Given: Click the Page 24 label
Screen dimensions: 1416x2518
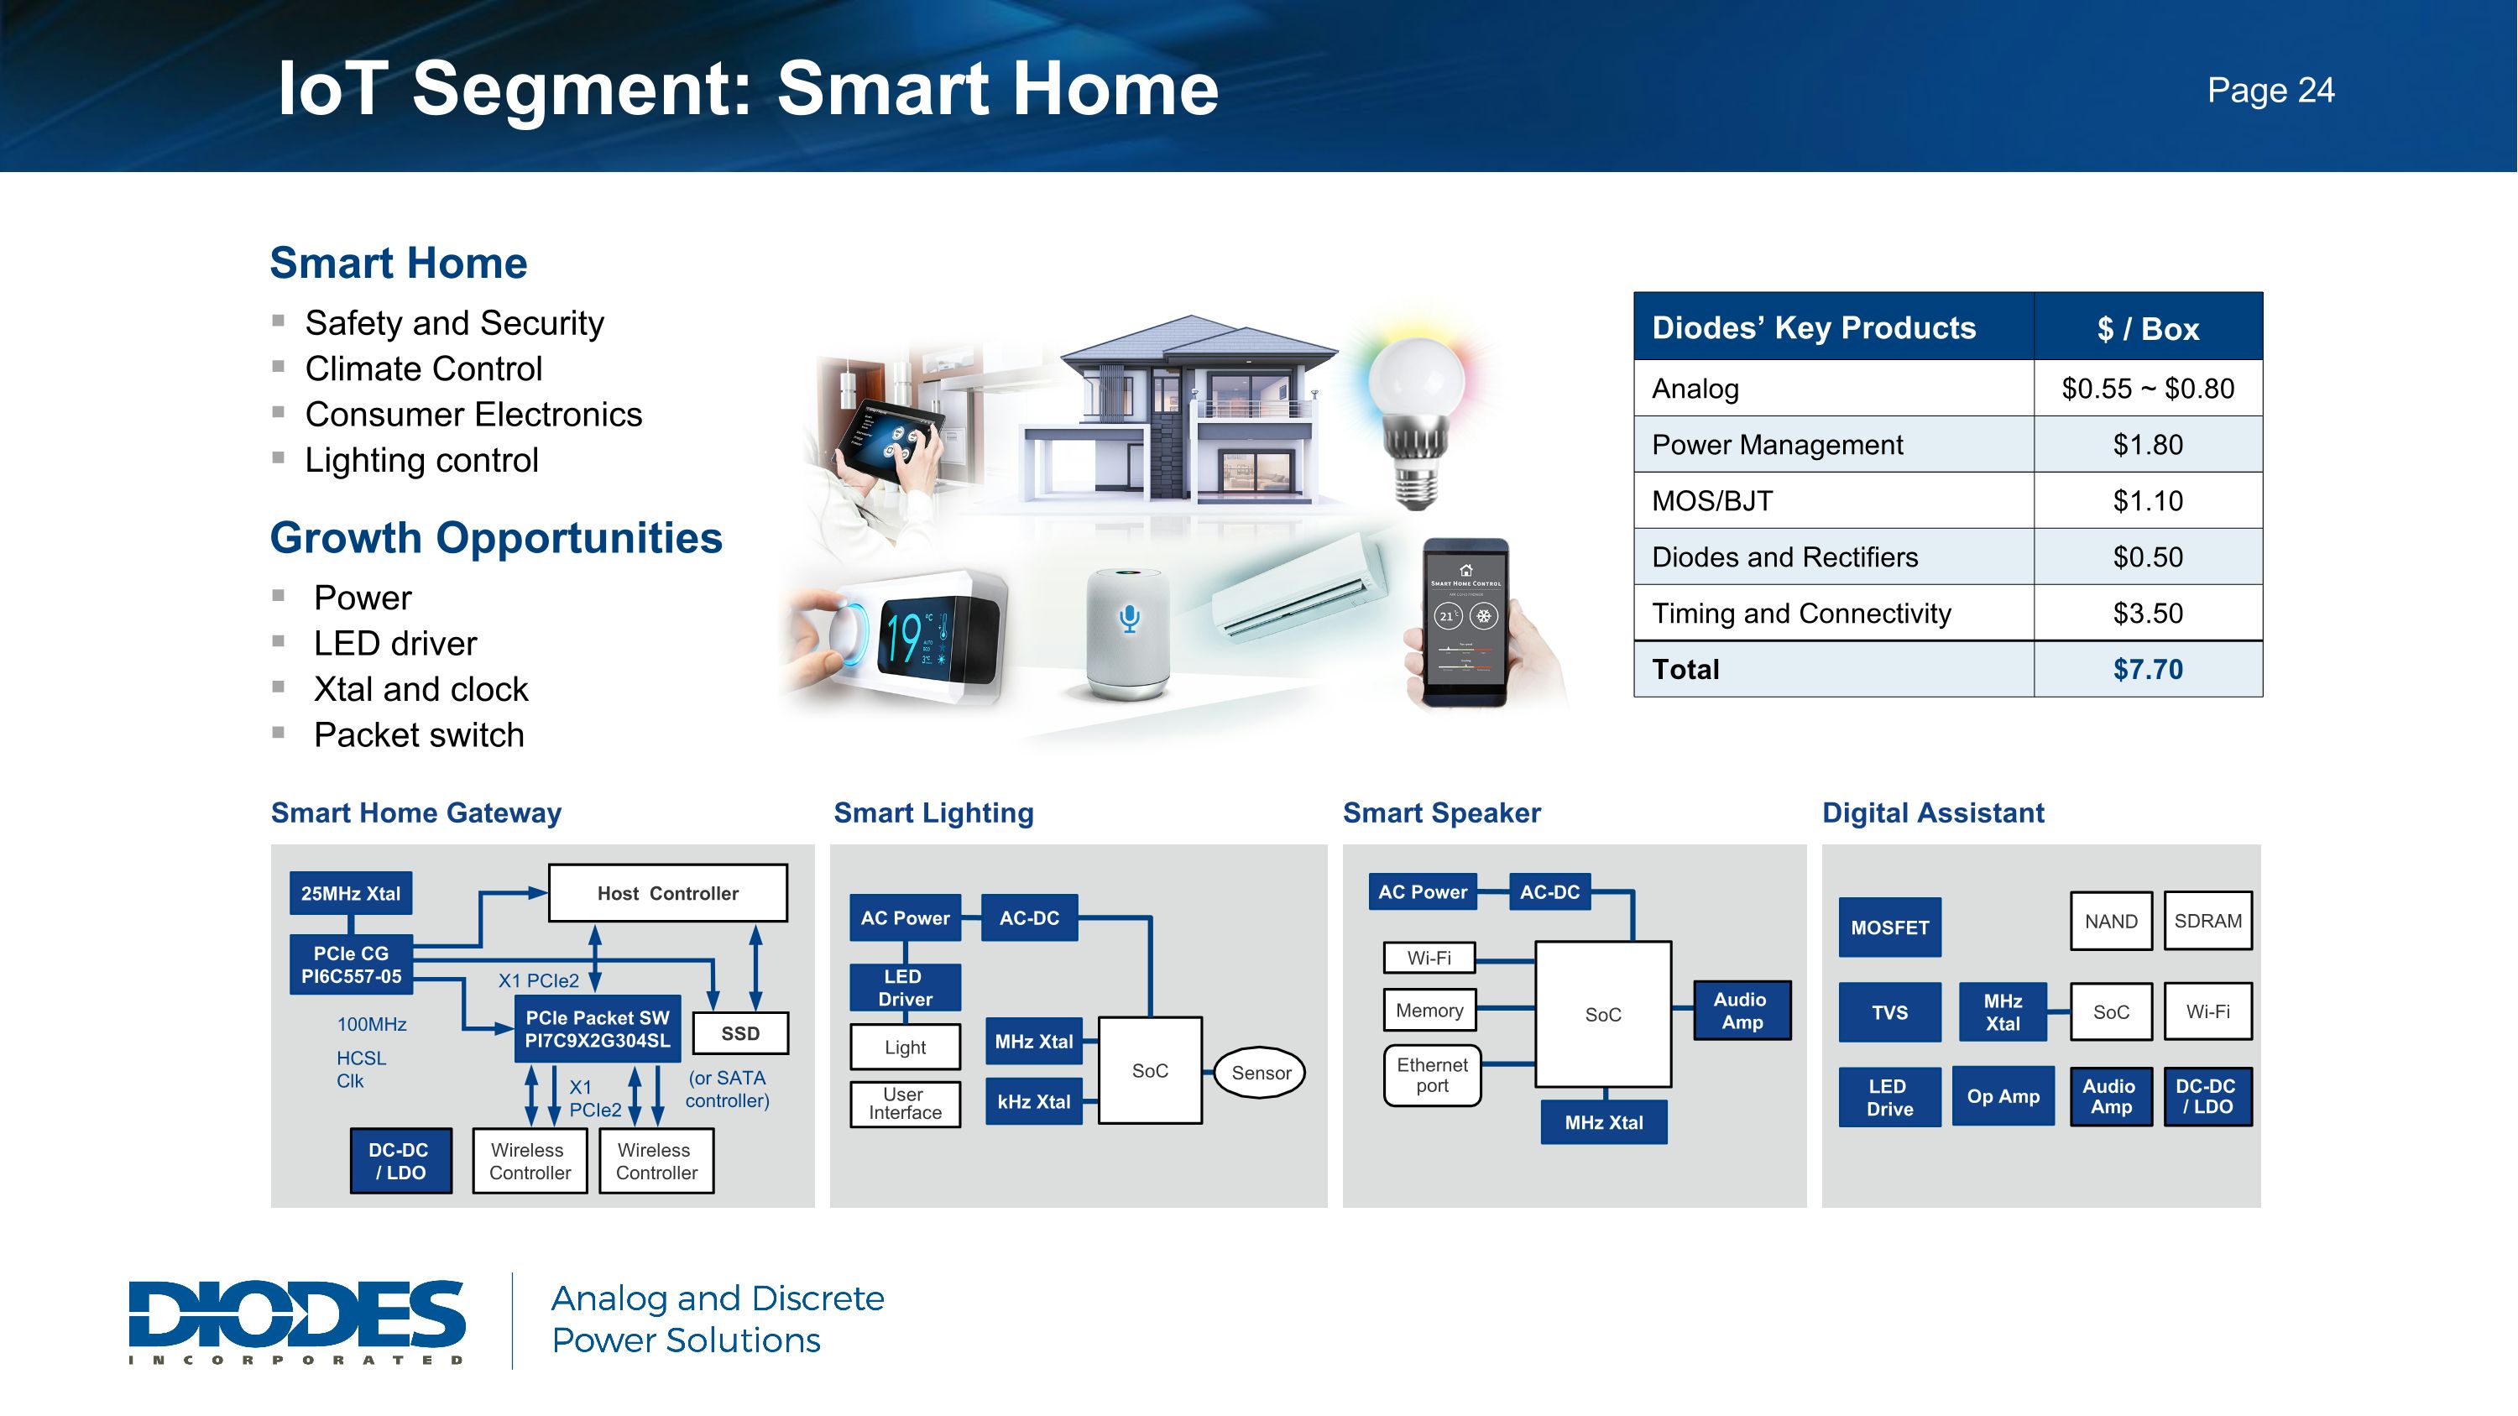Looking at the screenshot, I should click(2270, 91).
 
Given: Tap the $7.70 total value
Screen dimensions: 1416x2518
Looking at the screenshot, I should click(2148, 670).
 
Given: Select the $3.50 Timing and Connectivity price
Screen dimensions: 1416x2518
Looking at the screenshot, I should click(2148, 614).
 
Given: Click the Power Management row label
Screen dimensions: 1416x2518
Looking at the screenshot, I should click(1777, 445).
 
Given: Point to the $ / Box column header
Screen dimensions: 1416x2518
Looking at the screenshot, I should click(2148, 328).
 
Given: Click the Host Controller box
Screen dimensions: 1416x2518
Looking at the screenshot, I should click(667, 893).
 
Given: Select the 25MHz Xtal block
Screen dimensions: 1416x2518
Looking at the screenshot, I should click(351, 893).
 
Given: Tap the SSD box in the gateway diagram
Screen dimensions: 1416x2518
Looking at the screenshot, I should click(740, 1033).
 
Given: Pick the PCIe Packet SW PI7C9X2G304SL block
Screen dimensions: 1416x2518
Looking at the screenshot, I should click(598, 1029).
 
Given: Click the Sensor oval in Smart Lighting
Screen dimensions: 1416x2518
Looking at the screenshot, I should click(1260, 1072).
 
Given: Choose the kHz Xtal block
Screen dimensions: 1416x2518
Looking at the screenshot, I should click(1033, 1101).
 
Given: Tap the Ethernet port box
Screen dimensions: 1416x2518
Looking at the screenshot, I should click(1432, 1075).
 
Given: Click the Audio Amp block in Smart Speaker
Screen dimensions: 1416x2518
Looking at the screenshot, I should click(1742, 1011).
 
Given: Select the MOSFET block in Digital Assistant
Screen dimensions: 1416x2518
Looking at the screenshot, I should click(1889, 927).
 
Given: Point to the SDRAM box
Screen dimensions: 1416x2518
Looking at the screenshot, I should click(2207, 921).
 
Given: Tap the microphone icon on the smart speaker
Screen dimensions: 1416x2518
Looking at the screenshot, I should click(1129, 618).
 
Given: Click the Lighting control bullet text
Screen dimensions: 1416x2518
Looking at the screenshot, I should click(421, 460).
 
